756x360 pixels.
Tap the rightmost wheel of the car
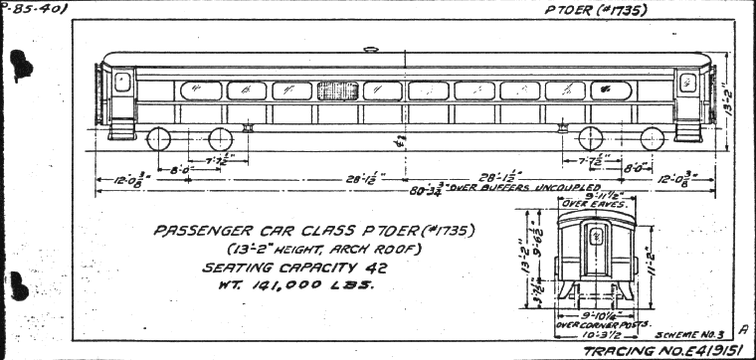click(x=652, y=138)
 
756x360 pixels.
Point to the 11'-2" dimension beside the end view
click(x=650, y=255)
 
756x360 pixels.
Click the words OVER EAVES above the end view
click(x=595, y=204)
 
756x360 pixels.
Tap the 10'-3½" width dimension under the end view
click(x=594, y=334)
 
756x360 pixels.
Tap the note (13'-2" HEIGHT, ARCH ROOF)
click(x=295, y=249)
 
